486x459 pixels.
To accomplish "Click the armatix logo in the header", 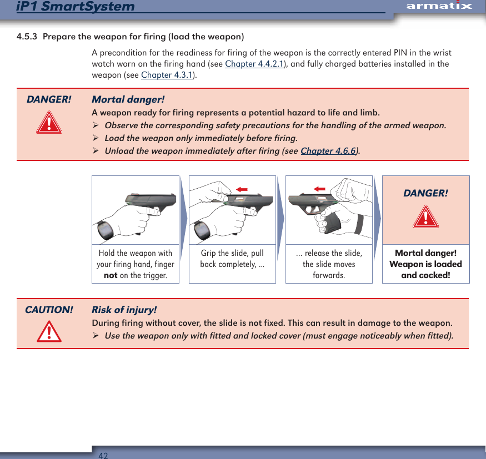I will click(x=438, y=6).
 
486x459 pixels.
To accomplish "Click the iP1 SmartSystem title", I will click(x=76, y=7).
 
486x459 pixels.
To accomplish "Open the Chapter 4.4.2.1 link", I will click(x=254, y=64).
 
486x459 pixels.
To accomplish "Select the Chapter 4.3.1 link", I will click(x=167, y=75).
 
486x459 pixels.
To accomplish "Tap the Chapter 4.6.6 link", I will click(x=328, y=151).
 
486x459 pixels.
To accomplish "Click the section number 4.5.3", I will click(x=27, y=37).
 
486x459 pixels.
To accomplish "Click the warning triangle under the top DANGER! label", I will click(x=49, y=123).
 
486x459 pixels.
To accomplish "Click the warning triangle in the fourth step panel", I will click(x=425, y=217).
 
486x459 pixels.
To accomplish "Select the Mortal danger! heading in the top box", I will click(x=128, y=100).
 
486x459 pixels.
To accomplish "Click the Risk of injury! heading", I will click(x=124, y=310).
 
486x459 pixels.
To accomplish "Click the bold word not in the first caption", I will click(x=111, y=275).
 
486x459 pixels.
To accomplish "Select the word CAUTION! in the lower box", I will click(x=49, y=310).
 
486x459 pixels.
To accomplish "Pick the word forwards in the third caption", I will click(x=329, y=275).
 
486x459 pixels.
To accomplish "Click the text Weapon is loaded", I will click(x=425, y=264).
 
